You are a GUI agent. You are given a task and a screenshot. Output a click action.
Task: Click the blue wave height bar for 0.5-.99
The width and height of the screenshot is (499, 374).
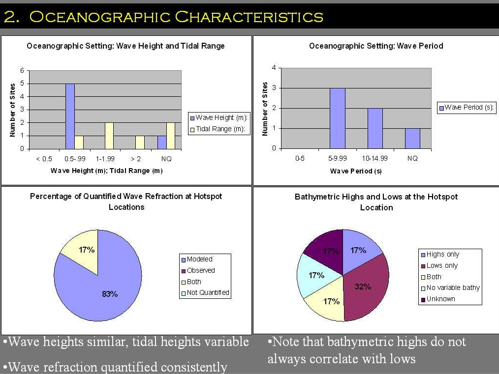(x=70, y=116)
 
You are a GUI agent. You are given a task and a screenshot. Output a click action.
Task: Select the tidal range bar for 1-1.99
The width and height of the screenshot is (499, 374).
(x=109, y=136)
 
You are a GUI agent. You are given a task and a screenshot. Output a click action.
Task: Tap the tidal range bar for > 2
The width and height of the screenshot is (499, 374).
(x=140, y=142)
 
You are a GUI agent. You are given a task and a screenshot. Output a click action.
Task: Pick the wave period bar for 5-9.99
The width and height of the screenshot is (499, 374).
(x=337, y=118)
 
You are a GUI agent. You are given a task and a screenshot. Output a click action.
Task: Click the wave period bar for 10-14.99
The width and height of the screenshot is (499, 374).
(x=375, y=128)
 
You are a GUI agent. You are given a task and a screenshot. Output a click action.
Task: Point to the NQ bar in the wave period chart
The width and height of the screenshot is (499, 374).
(x=412, y=138)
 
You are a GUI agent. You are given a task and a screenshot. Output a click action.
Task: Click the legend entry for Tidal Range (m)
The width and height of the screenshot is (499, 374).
(x=222, y=130)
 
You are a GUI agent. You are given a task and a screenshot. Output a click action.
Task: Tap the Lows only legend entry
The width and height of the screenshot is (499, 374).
(x=441, y=265)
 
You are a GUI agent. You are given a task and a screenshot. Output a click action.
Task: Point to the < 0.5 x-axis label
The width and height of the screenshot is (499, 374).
(x=44, y=159)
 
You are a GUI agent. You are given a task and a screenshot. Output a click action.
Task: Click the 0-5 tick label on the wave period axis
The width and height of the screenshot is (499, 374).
(x=300, y=158)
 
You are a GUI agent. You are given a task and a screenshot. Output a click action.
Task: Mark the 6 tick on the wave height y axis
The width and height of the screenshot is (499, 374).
(x=22, y=70)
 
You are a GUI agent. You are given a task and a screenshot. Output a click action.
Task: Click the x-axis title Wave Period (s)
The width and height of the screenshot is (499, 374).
(x=356, y=171)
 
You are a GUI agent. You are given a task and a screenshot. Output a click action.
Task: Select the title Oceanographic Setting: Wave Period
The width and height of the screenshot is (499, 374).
(x=376, y=46)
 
